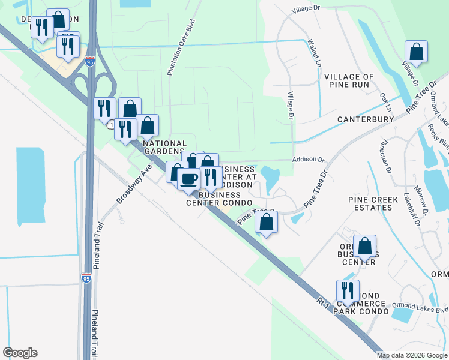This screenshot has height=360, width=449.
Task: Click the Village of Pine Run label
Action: tap(349, 81)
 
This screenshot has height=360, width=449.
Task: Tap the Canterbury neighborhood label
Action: tap(365, 119)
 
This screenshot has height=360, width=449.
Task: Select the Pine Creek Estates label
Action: tap(370, 203)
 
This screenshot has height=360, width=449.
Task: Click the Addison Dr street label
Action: tap(308, 160)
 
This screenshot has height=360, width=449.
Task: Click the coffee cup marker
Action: tap(189, 179)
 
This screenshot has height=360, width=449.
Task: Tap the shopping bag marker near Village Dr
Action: tap(416, 52)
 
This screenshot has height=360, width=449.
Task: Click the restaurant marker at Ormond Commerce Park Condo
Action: tap(348, 291)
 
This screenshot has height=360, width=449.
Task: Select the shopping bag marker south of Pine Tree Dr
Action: tap(266, 222)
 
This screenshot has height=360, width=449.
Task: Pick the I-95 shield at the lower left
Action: tap(86, 278)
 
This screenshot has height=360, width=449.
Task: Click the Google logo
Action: tap(20, 353)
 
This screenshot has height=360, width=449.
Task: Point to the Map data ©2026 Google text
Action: tap(411, 355)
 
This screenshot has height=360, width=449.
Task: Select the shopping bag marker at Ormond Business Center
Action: tap(364, 246)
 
